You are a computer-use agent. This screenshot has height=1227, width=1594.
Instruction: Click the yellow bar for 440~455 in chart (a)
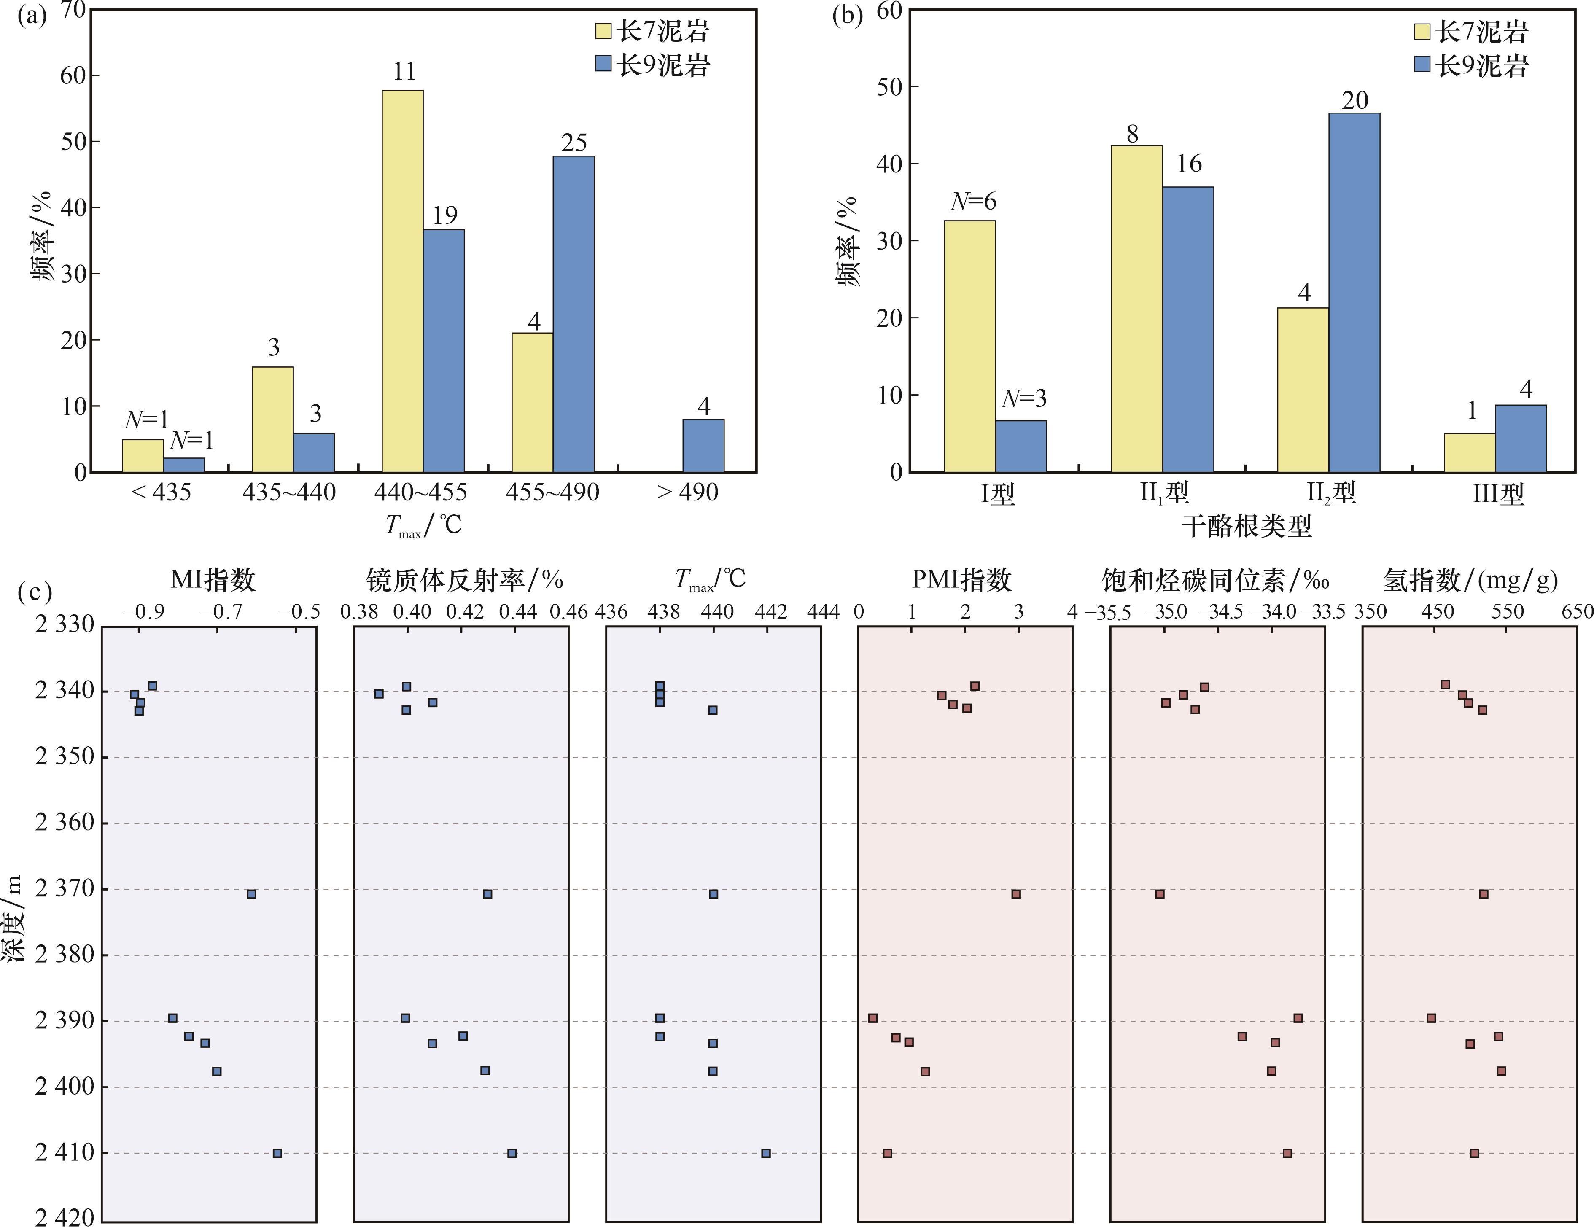click(x=402, y=281)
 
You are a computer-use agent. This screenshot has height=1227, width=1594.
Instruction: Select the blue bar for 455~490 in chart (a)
click(x=573, y=314)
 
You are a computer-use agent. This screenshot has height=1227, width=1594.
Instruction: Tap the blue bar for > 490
click(x=703, y=445)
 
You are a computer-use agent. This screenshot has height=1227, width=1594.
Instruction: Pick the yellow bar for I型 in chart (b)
click(x=969, y=346)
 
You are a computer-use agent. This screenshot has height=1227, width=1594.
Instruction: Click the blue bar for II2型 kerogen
click(x=1354, y=292)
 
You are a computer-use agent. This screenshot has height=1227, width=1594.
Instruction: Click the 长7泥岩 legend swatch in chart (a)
click(x=603, y=31)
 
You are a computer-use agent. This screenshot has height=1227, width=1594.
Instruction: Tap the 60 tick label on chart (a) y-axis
click(x=73, y=75)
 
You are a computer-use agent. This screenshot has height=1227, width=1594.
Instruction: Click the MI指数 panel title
click(x=213, y=580)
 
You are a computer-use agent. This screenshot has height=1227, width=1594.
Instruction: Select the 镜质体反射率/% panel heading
click(x=464, y=580)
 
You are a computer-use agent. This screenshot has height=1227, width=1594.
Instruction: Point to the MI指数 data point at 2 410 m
click(x=277, y=1152)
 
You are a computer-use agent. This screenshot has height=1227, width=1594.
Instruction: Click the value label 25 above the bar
click(x=574, y=143)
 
